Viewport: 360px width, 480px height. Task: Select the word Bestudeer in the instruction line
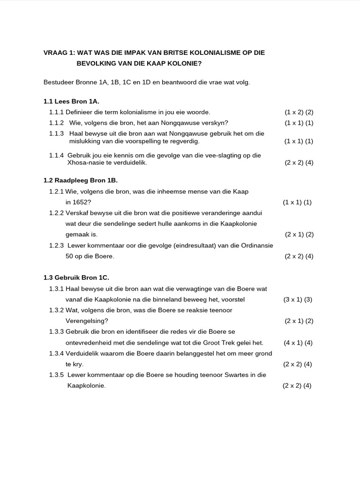coord(59,82)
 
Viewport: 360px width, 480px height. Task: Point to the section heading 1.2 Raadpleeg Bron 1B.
coord(80,180)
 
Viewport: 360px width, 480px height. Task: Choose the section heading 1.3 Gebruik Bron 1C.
coord(76,277)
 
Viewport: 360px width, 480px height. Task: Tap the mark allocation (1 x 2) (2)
coord(299,112)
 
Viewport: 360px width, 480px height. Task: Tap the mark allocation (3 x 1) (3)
coord(298,300)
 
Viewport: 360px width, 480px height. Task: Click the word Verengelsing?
coord(87,321)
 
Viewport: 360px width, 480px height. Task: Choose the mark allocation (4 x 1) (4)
coord(298,343)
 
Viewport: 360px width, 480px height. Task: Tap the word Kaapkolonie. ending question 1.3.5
coord(86,386)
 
